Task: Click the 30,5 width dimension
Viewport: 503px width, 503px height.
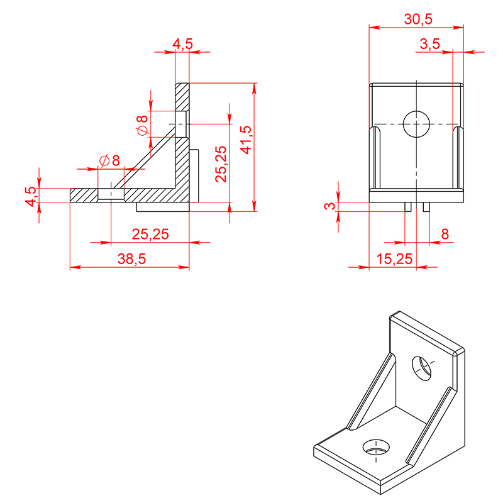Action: pos(418,19)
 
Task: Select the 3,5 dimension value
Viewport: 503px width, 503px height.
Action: pos(430,44)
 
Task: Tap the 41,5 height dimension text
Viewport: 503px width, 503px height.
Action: pos(246,140)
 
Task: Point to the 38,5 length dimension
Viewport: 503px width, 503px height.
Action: pos(131,258)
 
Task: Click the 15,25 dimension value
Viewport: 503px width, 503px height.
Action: pos(394,258)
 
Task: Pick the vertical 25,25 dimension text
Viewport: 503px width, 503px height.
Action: pos(221,164)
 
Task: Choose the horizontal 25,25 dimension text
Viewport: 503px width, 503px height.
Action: pos(150,234)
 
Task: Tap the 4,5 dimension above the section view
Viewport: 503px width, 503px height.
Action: pos(183,44)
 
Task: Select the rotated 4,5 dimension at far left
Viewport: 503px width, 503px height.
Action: pos(31,196)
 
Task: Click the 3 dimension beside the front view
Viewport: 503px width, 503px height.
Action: pos(329,206)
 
